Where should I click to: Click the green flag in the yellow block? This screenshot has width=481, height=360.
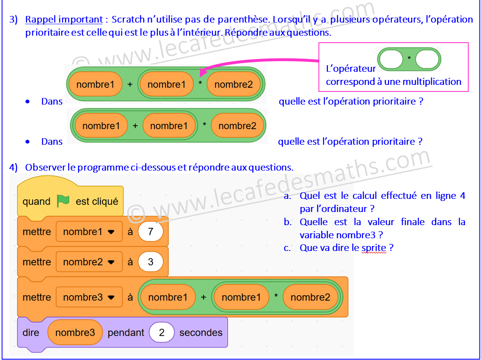pos(63,201)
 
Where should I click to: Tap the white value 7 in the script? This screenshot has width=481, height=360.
pos(150,232)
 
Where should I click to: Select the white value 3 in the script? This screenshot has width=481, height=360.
pos(150,262)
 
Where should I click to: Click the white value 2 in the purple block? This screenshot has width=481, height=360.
pos(162,333)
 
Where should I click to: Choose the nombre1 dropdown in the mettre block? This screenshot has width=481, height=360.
pos(89,232)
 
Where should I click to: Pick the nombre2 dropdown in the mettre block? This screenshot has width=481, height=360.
pos(89,262)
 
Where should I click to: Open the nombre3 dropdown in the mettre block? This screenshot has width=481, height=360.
pos(89,297)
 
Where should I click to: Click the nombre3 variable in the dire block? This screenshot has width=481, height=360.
pos(75,333)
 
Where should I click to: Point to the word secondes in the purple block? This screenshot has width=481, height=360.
pos(201,333)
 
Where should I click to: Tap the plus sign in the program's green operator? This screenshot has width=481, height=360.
pos(203,297)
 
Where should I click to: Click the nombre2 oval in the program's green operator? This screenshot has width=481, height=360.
pos(310,297)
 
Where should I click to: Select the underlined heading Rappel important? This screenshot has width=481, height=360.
pos(64,19)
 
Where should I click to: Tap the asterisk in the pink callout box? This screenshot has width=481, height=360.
pos(409,58)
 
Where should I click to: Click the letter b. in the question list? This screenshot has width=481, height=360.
pos(287,222)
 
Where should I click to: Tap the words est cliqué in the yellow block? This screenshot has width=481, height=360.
pos(97,202)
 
